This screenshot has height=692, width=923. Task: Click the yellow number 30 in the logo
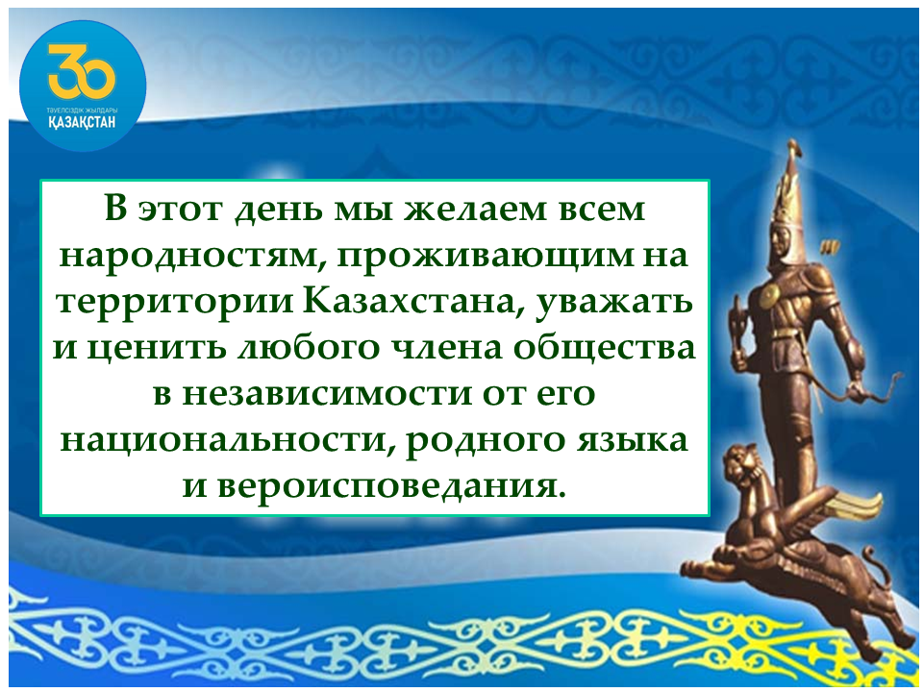coord(83,71)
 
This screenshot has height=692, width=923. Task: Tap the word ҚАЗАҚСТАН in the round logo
coord(83,122)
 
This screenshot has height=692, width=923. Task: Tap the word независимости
coord(327,394)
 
